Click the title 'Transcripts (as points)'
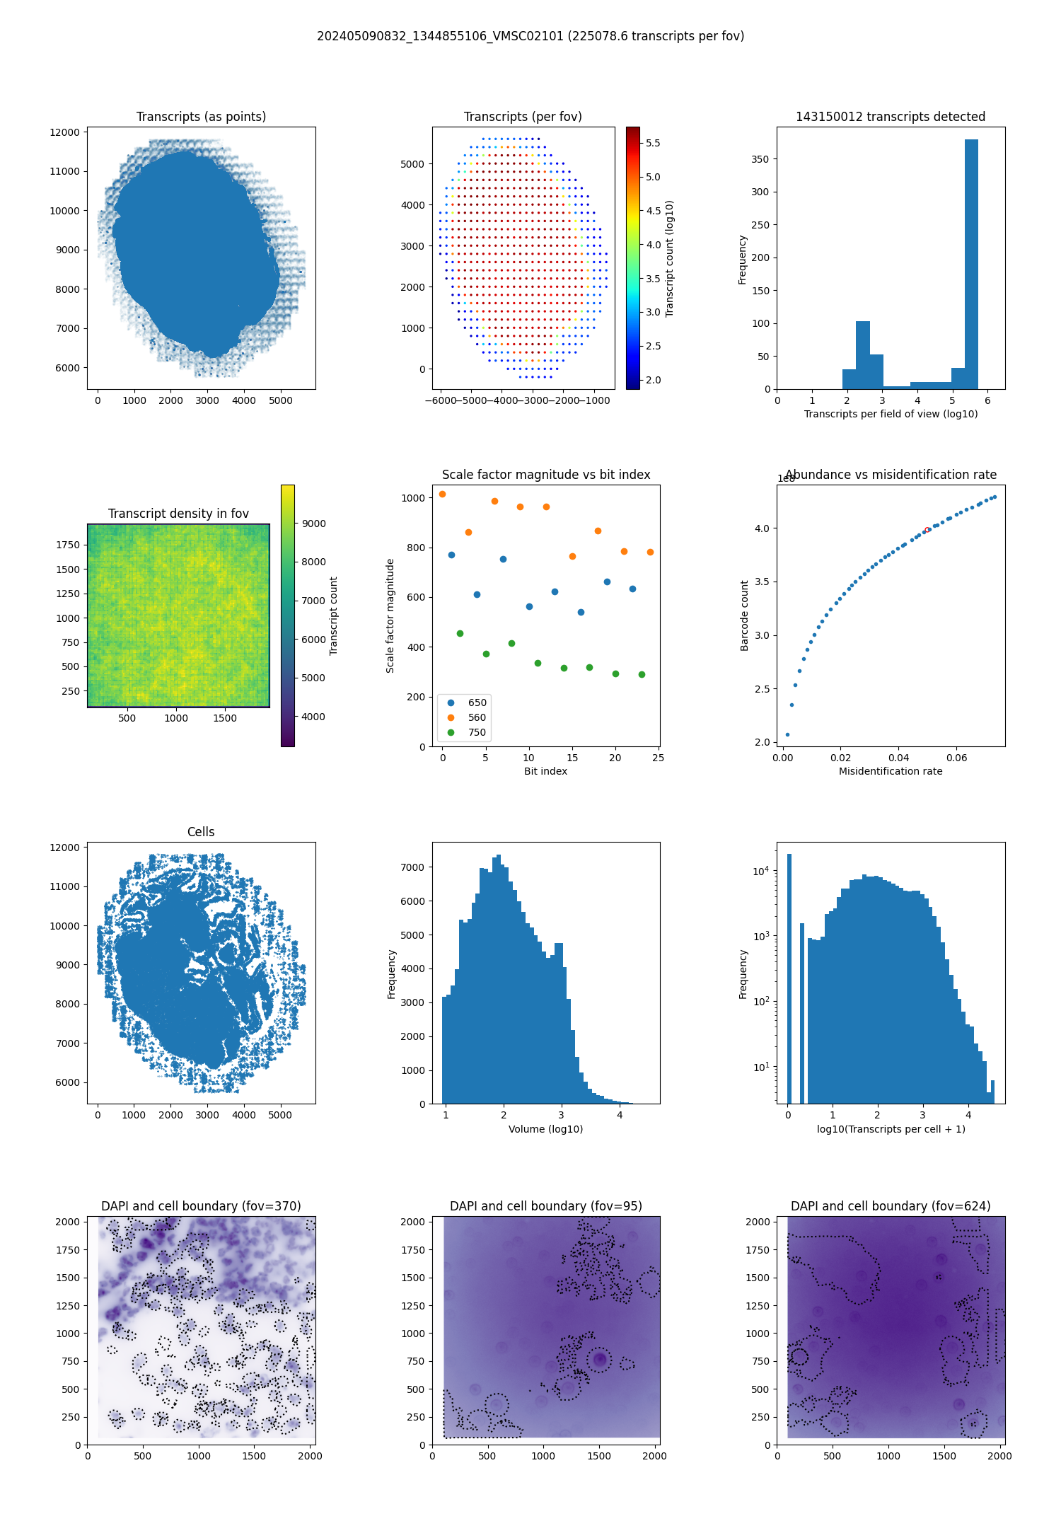click(201, 117)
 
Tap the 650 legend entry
click(477, 702)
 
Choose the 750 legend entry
click(477, 732)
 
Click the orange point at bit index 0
click(443, 495)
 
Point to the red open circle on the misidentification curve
click(927, 530)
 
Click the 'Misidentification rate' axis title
click(891, 771)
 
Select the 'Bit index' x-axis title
click(545, 771)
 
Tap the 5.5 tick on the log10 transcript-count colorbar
click(653, 143)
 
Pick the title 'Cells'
click(201, 832)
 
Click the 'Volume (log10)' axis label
click(545, 1129)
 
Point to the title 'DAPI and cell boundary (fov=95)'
click(545, 1206)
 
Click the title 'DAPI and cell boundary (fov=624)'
click(891, 1206)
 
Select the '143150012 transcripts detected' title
click(891, 117)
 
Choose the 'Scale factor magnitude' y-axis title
click(390, 615)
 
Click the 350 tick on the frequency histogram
click(760, 159)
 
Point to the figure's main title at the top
click(530, 36)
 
